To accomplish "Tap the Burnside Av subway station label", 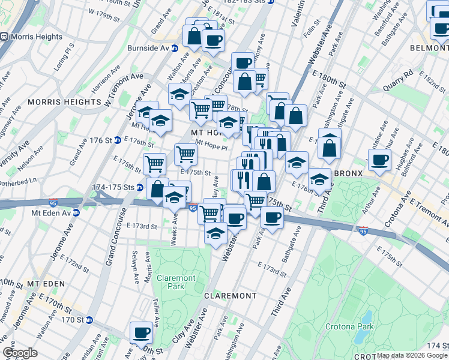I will pos(148,48).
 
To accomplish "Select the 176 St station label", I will pos(101,140).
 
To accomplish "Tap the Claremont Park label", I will pos(176,283).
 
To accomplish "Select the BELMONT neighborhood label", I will pos(429,47).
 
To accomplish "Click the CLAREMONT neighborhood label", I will pos(230,296).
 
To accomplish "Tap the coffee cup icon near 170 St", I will pos(142,332).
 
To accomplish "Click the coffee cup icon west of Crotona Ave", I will pos(379,160).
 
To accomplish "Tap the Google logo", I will pos(19,353).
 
